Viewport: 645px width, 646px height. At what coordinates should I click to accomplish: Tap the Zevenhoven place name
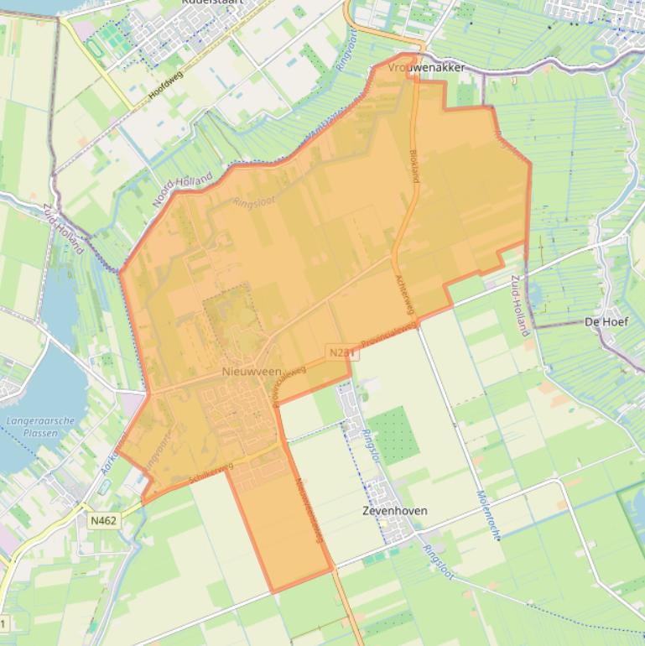pos(394,510)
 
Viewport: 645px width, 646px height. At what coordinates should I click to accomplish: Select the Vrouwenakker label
pos(427,67)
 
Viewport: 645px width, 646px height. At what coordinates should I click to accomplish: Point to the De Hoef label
pos(601,321)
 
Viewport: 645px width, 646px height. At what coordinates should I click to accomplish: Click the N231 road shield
pos(342,353)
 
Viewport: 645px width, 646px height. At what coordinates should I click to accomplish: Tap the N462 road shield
pos(103,520)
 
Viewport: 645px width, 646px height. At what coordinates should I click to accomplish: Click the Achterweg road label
pos(406,294)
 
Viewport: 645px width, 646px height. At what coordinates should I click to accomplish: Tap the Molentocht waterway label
pos(489,514)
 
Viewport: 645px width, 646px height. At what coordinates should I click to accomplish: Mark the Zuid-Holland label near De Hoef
pos(519,305)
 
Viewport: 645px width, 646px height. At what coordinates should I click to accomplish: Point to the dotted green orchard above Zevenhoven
pos(393,435)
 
